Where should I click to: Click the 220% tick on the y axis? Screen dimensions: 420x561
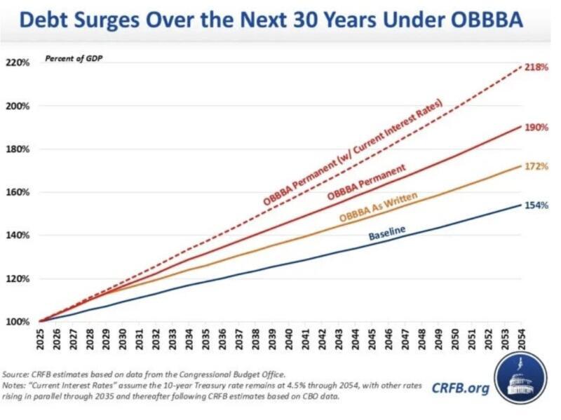pos(18,62)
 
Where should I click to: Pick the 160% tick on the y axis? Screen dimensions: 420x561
pos(18,192)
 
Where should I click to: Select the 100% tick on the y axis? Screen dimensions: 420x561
pos(18,322)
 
